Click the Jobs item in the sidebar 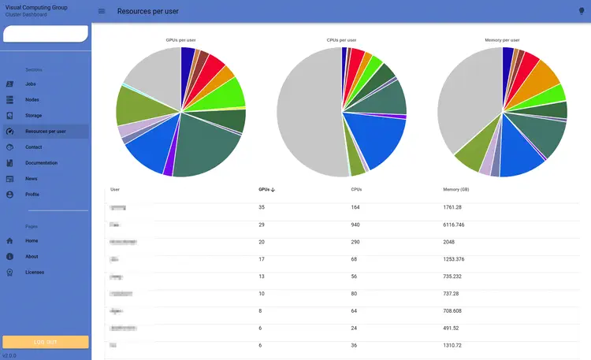(x=31, y=84)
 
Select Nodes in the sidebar (x=32, y=99)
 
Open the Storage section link (x=34, y=116)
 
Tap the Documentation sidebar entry (x=41, y=163)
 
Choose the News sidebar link (x=32, y=179)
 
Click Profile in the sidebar (x=32, y=195)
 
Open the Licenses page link (x=35, y=272)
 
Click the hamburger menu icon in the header (x=102, y=11)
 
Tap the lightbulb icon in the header (x=581, y=11)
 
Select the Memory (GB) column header (x=456, y=190)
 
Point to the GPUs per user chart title (x=181, y=40)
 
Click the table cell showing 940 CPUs (x=356, y=225)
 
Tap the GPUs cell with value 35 (x=262, y=207)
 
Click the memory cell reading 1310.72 (x=455, y=345)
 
